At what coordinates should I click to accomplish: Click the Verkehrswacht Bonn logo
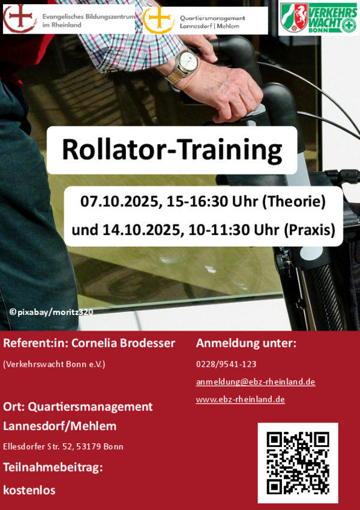pyautogui.click(x=319, y=18)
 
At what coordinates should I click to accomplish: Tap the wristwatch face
pyautogui.click(x=188, y=61)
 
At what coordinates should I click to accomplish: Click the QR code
pyautogui.click(x=298, y=463)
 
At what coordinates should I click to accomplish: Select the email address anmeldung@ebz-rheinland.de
pyautogui.click(x=256, y=382)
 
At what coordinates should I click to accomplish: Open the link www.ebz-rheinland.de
pyautogui.click(x=241, y=399)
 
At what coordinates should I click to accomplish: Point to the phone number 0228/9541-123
pyautogui.click(x=226, y=364)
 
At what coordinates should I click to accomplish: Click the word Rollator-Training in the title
pyautogui.click(x=172, y=150)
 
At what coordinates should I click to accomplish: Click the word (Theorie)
pyautogui.click(x=293, y=202)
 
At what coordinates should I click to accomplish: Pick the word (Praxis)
pyautogui.click(x=310, y=230)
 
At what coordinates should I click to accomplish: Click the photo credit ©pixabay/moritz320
pyautogui.click(x=52, y=312)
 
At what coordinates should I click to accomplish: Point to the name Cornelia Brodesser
pyautogui.click(x=123, y=343)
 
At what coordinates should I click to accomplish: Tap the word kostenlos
pyautogui.click(x=29, y=490)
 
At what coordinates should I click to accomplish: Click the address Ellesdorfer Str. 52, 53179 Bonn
pyautogui.click(x=63, y=446)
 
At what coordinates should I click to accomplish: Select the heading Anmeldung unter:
pyautogui.click(x=246, y=343)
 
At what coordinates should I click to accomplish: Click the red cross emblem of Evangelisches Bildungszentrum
pyautogui.click(x=20, y=18)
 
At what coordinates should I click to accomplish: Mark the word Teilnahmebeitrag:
pyautogui.click(x=53, y=467)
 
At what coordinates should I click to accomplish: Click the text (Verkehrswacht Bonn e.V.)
pyautogui.click(x=55, y=364)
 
